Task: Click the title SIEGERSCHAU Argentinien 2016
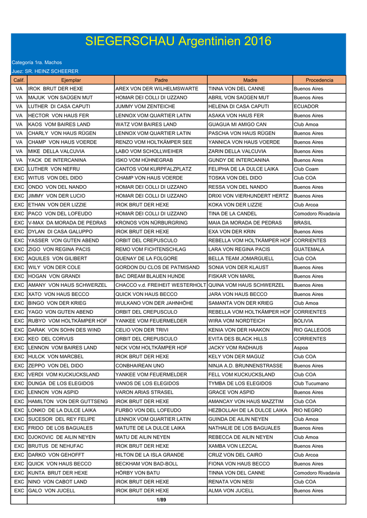coord(178,41)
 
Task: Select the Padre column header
coord(160,80)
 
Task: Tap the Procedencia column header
coord(319,80)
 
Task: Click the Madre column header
coord(250,80)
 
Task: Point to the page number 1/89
coord(161,500)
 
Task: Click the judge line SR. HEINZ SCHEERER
coord(45,71)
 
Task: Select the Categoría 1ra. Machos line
coord(36,62)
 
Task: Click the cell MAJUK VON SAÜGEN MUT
coord(60,98)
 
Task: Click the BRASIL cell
coord(303,223)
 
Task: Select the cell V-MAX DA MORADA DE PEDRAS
coord(67,223)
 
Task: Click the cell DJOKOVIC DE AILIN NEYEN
coord(62,437)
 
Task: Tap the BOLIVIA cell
coord(304,321)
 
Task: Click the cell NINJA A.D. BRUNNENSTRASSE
coord(246,366)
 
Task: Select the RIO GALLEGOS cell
coord(312,330)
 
